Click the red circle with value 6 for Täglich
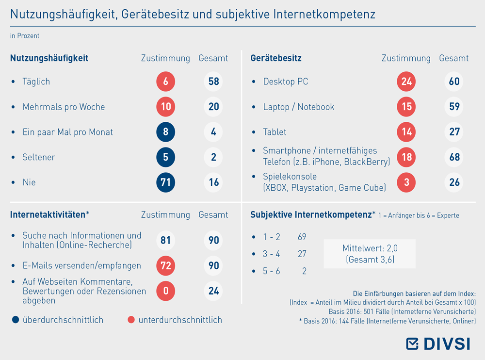point(165,82)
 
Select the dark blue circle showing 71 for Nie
point(165,182)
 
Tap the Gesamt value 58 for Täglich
point(213,82)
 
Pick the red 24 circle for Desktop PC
point(406,82)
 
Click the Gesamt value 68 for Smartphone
point(454,157)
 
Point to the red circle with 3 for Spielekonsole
point(406,182)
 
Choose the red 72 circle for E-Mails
point(165,265)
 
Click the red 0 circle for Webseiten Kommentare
point(165,291)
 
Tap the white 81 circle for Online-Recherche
point(165,240)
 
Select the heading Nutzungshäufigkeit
point(49,58)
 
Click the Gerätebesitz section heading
point(276,58)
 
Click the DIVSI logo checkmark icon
point(412,344)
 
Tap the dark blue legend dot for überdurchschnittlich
point(16,320)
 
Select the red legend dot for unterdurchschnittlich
point(131,320)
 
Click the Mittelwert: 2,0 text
point(370,248)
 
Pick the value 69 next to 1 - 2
point(302,237)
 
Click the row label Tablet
point(275,132)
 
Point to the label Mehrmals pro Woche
point(64,107)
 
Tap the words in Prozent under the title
point(25,36)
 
